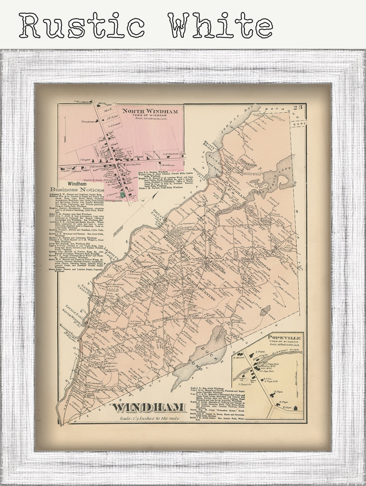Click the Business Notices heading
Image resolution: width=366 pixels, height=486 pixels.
tap(77, 190)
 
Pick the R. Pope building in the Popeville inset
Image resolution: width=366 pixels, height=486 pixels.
tap(288, 407)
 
